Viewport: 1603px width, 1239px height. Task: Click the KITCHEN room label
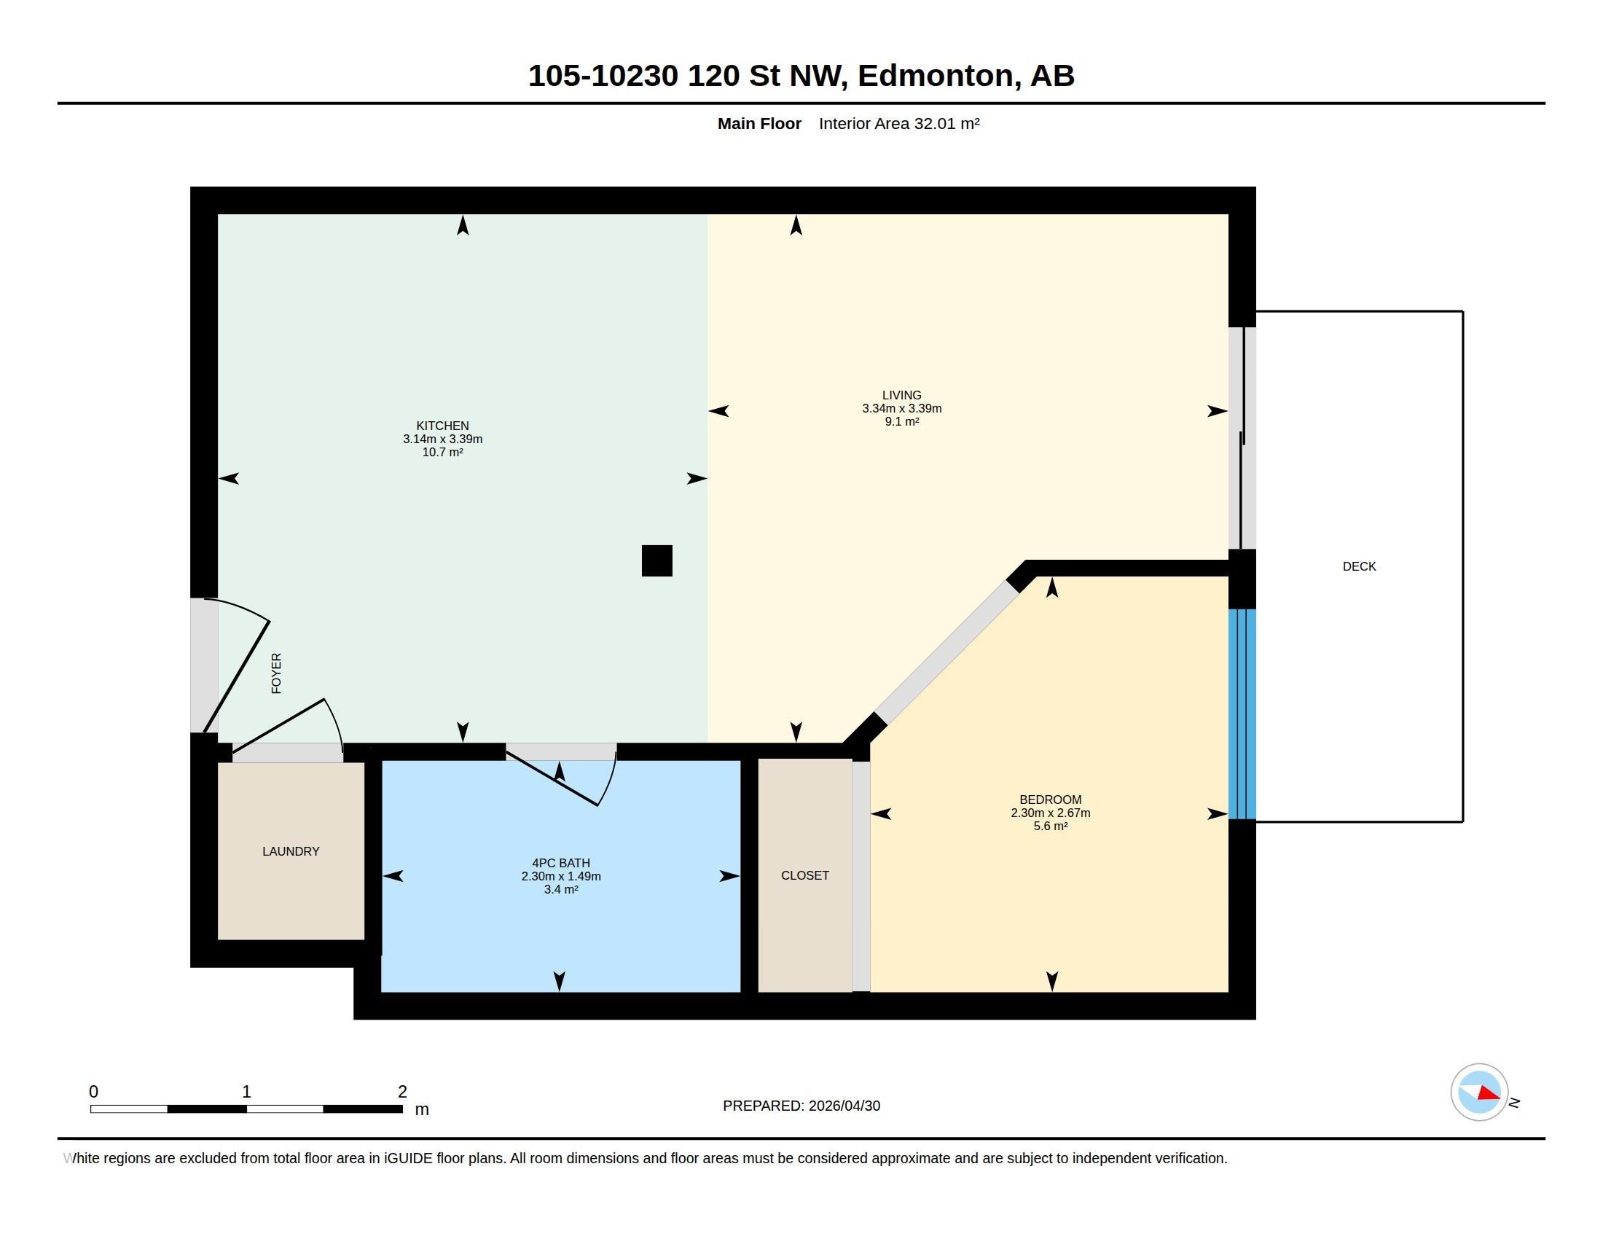(442, 426)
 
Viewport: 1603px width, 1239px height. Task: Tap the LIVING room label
(901, 395)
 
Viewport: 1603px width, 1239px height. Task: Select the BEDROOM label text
(1050, 800)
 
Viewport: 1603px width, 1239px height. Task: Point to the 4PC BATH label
(561, 863)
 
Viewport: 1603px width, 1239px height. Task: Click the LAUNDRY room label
(291, 851)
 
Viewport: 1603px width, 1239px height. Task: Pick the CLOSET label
(805, 875)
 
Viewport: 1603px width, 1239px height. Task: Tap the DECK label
(1360, 566)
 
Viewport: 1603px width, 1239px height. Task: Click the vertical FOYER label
(277, 673)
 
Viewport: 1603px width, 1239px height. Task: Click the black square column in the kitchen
(657, 560)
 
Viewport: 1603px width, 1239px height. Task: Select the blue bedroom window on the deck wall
(1242, 714)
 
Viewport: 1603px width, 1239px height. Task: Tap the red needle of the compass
(1489, 1094)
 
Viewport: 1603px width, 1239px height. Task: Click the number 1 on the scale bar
(246, 1092)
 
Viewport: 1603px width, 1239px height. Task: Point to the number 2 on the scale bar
(402, 1092)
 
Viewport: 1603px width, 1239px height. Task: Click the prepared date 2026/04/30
(844, 1106)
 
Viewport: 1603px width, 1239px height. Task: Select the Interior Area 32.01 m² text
(899, 123)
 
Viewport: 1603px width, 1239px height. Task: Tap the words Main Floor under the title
(759, 123)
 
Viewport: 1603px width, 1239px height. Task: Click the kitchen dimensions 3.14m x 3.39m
(442, 439)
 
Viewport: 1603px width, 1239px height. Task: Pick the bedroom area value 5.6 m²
(1050, 826)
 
